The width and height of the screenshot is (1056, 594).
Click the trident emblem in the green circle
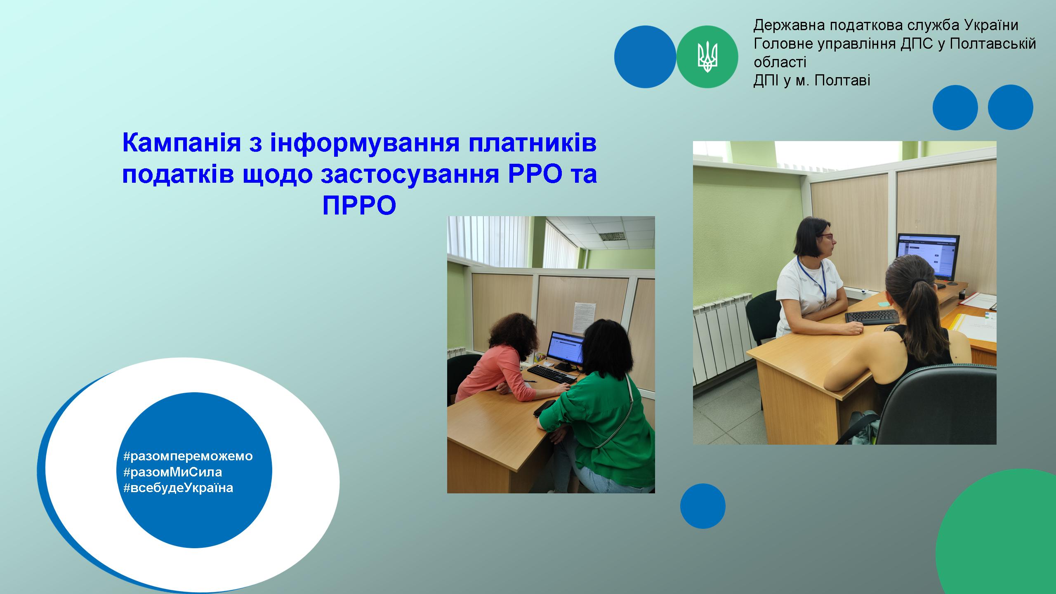[x=707, y=57]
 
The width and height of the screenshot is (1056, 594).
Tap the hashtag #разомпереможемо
[x=188, y=456]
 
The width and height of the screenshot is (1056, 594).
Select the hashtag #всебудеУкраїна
[x=178, y=488]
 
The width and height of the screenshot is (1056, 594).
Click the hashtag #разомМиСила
[x=172, y=471]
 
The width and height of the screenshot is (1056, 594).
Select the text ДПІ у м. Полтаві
[x=812, y=80]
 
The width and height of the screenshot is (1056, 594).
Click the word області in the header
[x=780, y=62]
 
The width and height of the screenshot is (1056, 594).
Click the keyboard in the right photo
[x=872, y=317]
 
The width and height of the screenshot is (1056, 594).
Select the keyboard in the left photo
[x=552, y=374]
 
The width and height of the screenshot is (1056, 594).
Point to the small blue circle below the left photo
[x=703, y=506]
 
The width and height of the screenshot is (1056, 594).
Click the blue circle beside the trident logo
[x=645, y=57]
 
